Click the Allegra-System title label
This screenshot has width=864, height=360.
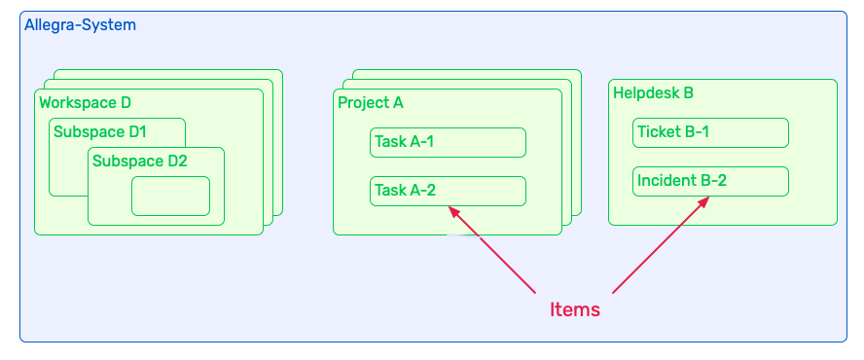(80, 24)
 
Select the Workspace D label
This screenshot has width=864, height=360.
(85, 102)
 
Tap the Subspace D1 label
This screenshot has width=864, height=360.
(99, 131)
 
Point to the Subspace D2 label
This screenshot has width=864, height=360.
(139, 161)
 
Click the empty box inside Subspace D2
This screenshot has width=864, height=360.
(170, 196)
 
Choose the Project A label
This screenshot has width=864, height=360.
(370, 102)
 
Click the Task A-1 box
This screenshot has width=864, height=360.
(448, 142)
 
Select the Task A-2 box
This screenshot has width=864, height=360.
(448, 191)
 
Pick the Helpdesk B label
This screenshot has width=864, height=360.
(653, 93)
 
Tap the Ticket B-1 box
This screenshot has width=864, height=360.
(710, 132)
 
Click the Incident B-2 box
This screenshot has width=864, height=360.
(710, 181)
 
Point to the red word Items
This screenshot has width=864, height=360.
(575, 310)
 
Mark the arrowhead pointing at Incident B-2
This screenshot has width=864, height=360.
(704, 200)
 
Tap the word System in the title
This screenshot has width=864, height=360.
(108, 24)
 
